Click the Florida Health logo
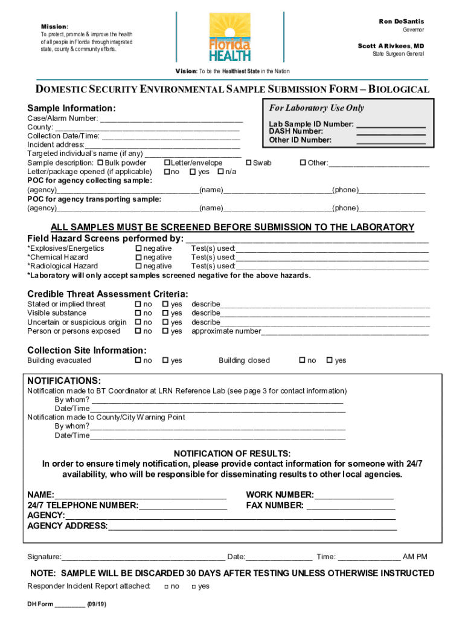tap(229, 38)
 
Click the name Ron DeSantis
tap(401, 22)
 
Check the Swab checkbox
tap(248, 163)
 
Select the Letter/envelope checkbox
tap(167, 163)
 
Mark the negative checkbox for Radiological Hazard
tap(138, 266)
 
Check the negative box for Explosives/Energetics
tap(138, 248)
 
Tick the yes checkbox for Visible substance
tap(165, 313)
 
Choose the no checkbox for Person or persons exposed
tap(138, 331)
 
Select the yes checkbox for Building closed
tap(329, 361)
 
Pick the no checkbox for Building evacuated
tap(138, 361)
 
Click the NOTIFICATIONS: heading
tap(64, 381)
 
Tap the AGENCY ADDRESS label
tap(67, 525)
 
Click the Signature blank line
tap(143, 557)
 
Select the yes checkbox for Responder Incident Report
tap(194, 587)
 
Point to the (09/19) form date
tap(97, 604)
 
